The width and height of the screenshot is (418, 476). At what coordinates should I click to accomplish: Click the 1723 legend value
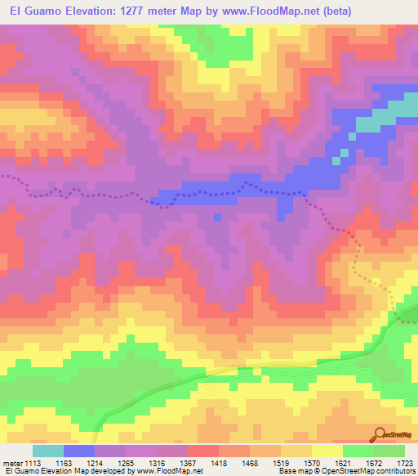click(405, 464)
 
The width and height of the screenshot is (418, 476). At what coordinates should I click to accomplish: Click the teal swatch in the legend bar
click(47, 451)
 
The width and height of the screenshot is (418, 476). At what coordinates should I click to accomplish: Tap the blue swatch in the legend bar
click(78, 451)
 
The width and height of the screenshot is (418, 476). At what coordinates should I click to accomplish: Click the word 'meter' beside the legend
click(14, 464)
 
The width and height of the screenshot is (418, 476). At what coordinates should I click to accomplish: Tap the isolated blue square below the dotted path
click(216, 217)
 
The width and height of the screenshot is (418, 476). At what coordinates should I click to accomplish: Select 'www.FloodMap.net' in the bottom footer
click(169, 472)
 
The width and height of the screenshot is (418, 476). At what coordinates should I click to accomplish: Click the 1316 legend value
click(171, 464)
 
